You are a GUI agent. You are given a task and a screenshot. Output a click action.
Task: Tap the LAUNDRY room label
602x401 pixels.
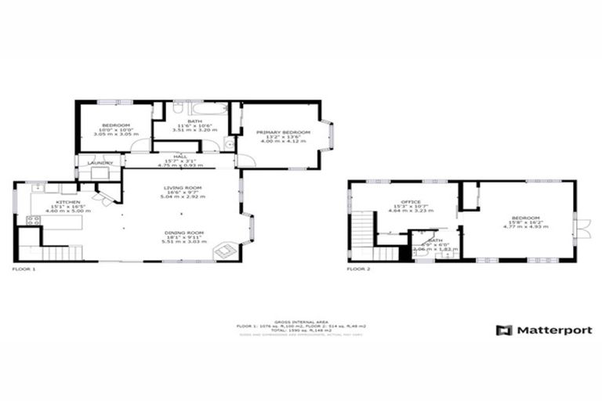click(100, 163)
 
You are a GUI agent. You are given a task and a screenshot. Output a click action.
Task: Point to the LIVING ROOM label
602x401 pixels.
click(183, 188)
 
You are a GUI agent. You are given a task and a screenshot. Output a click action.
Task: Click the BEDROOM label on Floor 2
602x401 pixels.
click(526, 218)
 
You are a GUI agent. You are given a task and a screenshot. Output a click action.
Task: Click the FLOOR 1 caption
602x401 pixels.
click(24, 269)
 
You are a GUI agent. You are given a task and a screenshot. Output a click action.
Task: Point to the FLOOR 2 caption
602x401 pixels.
click(359, 269)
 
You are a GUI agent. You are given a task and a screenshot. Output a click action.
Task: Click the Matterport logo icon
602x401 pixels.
click(504, 330)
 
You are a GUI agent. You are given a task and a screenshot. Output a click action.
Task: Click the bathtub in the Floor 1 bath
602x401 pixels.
click(208, 109)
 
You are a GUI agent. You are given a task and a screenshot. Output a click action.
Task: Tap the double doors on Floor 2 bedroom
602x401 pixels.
click(580, 227)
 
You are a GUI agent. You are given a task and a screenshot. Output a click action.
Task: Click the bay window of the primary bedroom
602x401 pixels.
click(331, 135)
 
